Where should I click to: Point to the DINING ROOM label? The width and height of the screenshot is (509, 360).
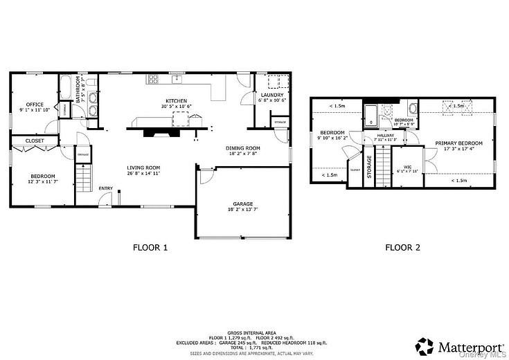pos(242,147)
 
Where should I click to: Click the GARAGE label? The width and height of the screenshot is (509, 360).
pos(242,204)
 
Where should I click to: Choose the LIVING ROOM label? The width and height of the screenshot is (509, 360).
pos(143,167)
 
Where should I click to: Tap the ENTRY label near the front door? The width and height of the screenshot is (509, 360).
pos(106,188)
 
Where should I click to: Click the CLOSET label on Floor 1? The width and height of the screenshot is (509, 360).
pos(35,141)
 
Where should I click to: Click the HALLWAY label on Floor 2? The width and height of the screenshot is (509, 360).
pos(385,134)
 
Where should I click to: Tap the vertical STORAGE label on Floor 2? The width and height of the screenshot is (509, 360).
pos(369,167)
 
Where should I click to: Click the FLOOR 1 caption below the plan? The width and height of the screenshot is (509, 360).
pos(150,246)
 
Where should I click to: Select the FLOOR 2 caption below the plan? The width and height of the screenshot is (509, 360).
pos(402,246)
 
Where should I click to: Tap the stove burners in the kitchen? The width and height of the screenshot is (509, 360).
pos(153,79)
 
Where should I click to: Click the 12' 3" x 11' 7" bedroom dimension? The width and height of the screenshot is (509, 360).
pos(42,181)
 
